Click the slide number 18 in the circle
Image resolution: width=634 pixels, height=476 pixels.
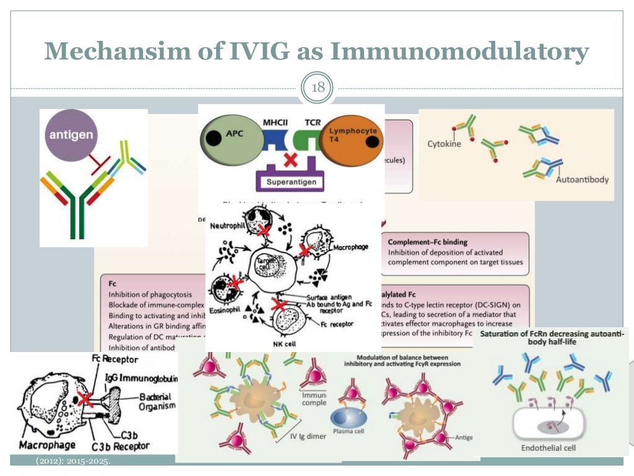click(317, 87)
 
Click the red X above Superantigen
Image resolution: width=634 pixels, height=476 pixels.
click(290, 159)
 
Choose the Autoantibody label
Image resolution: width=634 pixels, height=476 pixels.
click(581, 180)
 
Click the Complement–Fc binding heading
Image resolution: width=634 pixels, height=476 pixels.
click(427, 242)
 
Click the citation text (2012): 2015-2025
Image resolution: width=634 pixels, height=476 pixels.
click(75, 462)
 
